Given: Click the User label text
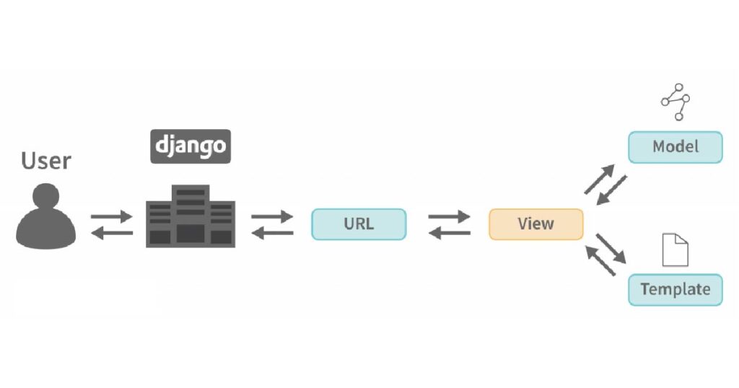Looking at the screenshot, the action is tap(45, 161).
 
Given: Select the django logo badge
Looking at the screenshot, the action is tap(191, 146).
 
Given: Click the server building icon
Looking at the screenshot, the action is tap(191, 216).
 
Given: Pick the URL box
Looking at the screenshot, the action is tap(359, 224).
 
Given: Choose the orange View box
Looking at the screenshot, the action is tap(536, 224).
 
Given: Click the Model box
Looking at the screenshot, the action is tap(675, 147).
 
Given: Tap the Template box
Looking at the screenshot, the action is tap(675, 290).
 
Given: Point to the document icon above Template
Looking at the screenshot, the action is tap(675, 250).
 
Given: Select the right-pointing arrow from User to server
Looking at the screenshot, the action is tap(112, 216).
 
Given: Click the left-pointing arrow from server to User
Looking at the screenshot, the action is tap(112, 233).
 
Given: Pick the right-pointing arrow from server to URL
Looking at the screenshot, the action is tap(272, 216).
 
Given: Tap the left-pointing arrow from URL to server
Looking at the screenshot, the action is tap(272, 233).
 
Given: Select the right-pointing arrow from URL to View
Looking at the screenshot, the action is tap(449, 216).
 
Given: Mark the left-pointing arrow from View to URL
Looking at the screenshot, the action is tap(449, 233).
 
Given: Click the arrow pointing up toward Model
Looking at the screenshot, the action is tap(600, 179).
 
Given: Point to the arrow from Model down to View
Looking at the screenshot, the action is tap(612, 190).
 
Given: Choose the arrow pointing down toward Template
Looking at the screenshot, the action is tap(611, 249).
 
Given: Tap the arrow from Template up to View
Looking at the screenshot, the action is tap(600, 260).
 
